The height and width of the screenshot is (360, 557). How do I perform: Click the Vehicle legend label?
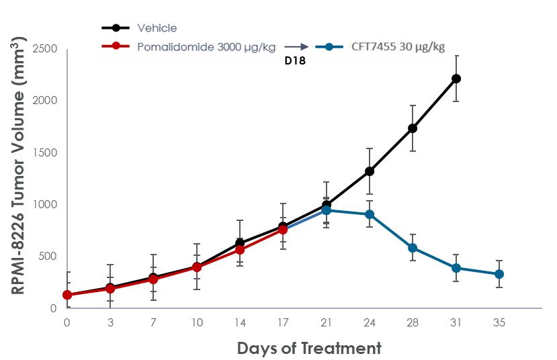(x=157, y=28)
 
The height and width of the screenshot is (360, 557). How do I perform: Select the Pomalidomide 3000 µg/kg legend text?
(x=205, y=46)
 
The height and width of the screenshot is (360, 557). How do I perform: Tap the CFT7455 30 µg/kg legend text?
(x=398, y=46)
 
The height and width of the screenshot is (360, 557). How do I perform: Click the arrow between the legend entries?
(x=296, y=46)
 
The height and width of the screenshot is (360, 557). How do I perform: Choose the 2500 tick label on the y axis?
(x=44, y=49)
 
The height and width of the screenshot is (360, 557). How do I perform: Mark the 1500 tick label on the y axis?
(x=44, y=152)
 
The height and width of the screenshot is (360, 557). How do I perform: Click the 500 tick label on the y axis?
(x=47, y=257)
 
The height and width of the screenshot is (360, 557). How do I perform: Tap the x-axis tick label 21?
(x=327, y=322)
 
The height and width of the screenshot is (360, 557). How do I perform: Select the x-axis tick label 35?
(x=499, y=322)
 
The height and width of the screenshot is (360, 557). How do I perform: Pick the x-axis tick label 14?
(x=240, y=322)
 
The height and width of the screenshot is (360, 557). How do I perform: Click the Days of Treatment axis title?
(x=308, y=348)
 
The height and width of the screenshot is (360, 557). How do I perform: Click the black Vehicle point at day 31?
(x=456, y=79)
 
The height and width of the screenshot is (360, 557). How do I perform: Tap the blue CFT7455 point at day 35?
(x=499, y=274)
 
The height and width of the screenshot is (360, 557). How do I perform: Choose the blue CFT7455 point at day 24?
(x=370, y=214)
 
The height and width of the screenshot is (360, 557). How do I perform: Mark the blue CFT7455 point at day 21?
(x=327, y=210)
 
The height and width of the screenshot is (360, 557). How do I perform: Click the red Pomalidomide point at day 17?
(x=283, y=230)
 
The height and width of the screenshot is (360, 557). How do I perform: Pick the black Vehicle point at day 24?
(x=370, y=171)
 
